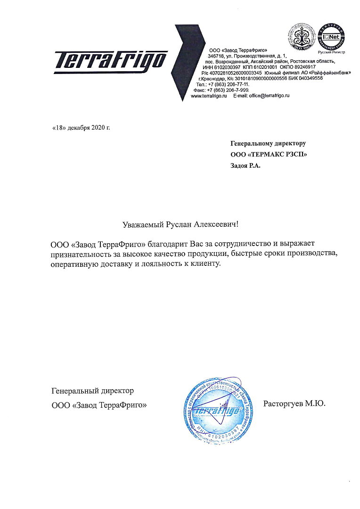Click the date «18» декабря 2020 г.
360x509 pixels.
pos(81,128)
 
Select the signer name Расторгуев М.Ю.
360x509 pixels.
pos(295,403)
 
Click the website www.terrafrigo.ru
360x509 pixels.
pos(209,95)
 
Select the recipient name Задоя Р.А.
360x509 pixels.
pos(245,165)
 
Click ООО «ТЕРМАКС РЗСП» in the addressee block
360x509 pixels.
pos(265,154)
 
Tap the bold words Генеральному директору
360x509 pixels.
pos(268,143)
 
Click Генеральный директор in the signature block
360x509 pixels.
pos(92,391)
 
